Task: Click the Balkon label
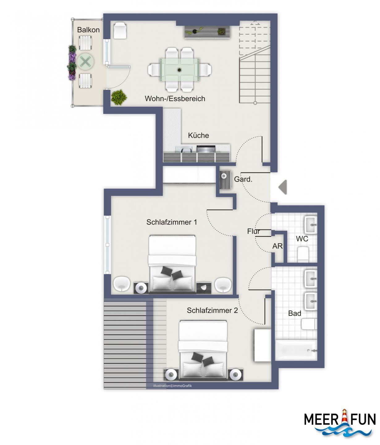pos(88,30)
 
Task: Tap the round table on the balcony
pos(86,62)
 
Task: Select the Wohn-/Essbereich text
pos(175,99)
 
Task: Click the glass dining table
pos(179,70)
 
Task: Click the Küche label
pos(198,135)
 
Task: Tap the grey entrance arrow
pos(282,187)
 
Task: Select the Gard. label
pos(243,179)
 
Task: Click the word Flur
pos(253,231)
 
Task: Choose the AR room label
pos(277,246)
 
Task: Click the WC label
pos(302,239)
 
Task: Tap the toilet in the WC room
pos(303,254)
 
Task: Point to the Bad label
pos(294,313)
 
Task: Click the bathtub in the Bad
pos(296,350)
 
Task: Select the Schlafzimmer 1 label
pos(171,222)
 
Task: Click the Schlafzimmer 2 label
pos(212,311)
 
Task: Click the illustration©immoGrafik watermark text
pos(172,386)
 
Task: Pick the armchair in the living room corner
pos(120,30)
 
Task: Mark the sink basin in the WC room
pos(311,225)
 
